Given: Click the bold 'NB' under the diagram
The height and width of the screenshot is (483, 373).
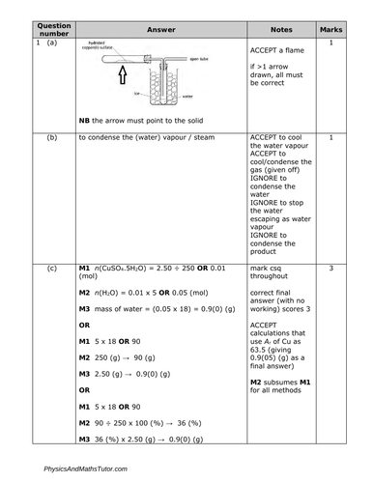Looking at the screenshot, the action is tap(85, 121).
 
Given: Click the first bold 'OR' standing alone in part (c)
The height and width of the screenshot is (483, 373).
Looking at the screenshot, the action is tap(84, 326).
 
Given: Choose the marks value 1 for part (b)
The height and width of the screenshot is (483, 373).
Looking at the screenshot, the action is tap(331, 138).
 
